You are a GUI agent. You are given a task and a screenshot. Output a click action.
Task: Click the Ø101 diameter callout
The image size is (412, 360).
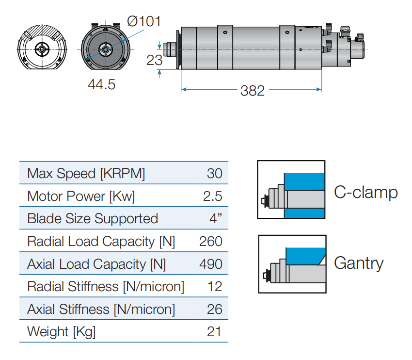point(143,22)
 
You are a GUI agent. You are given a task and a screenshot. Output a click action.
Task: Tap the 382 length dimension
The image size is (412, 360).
point(253,90)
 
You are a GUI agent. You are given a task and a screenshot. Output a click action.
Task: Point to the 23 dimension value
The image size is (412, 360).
point(154,60)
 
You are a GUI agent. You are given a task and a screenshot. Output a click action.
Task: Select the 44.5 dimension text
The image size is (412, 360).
point(101,84)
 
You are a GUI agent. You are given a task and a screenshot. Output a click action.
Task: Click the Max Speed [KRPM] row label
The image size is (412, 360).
point(86,173)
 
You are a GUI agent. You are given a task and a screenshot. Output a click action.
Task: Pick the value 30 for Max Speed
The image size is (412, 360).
point(214,173)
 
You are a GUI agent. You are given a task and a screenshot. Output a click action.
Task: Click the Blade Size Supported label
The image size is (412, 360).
point(93,219)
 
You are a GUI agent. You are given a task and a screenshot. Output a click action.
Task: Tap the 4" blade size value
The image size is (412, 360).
point(216,219)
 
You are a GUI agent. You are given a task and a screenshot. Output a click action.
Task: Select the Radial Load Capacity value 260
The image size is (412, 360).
point(211,241)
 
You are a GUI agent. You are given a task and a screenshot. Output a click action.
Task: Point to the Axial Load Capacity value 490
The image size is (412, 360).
point(211,264)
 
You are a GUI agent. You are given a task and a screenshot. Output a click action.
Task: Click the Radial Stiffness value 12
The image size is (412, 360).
point(215,287)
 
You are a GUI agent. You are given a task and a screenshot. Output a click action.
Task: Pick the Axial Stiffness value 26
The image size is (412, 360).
point(214,309)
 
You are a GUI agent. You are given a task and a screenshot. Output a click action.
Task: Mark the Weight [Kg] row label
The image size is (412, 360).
point(62,332)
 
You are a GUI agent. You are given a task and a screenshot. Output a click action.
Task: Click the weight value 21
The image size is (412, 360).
point(214,332)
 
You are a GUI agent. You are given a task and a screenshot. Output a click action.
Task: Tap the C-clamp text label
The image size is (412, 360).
point(366,192)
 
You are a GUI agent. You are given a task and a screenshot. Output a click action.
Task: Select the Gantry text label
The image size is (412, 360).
point(359,263)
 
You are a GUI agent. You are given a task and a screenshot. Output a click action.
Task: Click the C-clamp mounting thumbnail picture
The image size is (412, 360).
point(291,190)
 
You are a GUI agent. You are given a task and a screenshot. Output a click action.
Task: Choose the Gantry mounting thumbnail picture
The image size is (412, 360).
point(292,264)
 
